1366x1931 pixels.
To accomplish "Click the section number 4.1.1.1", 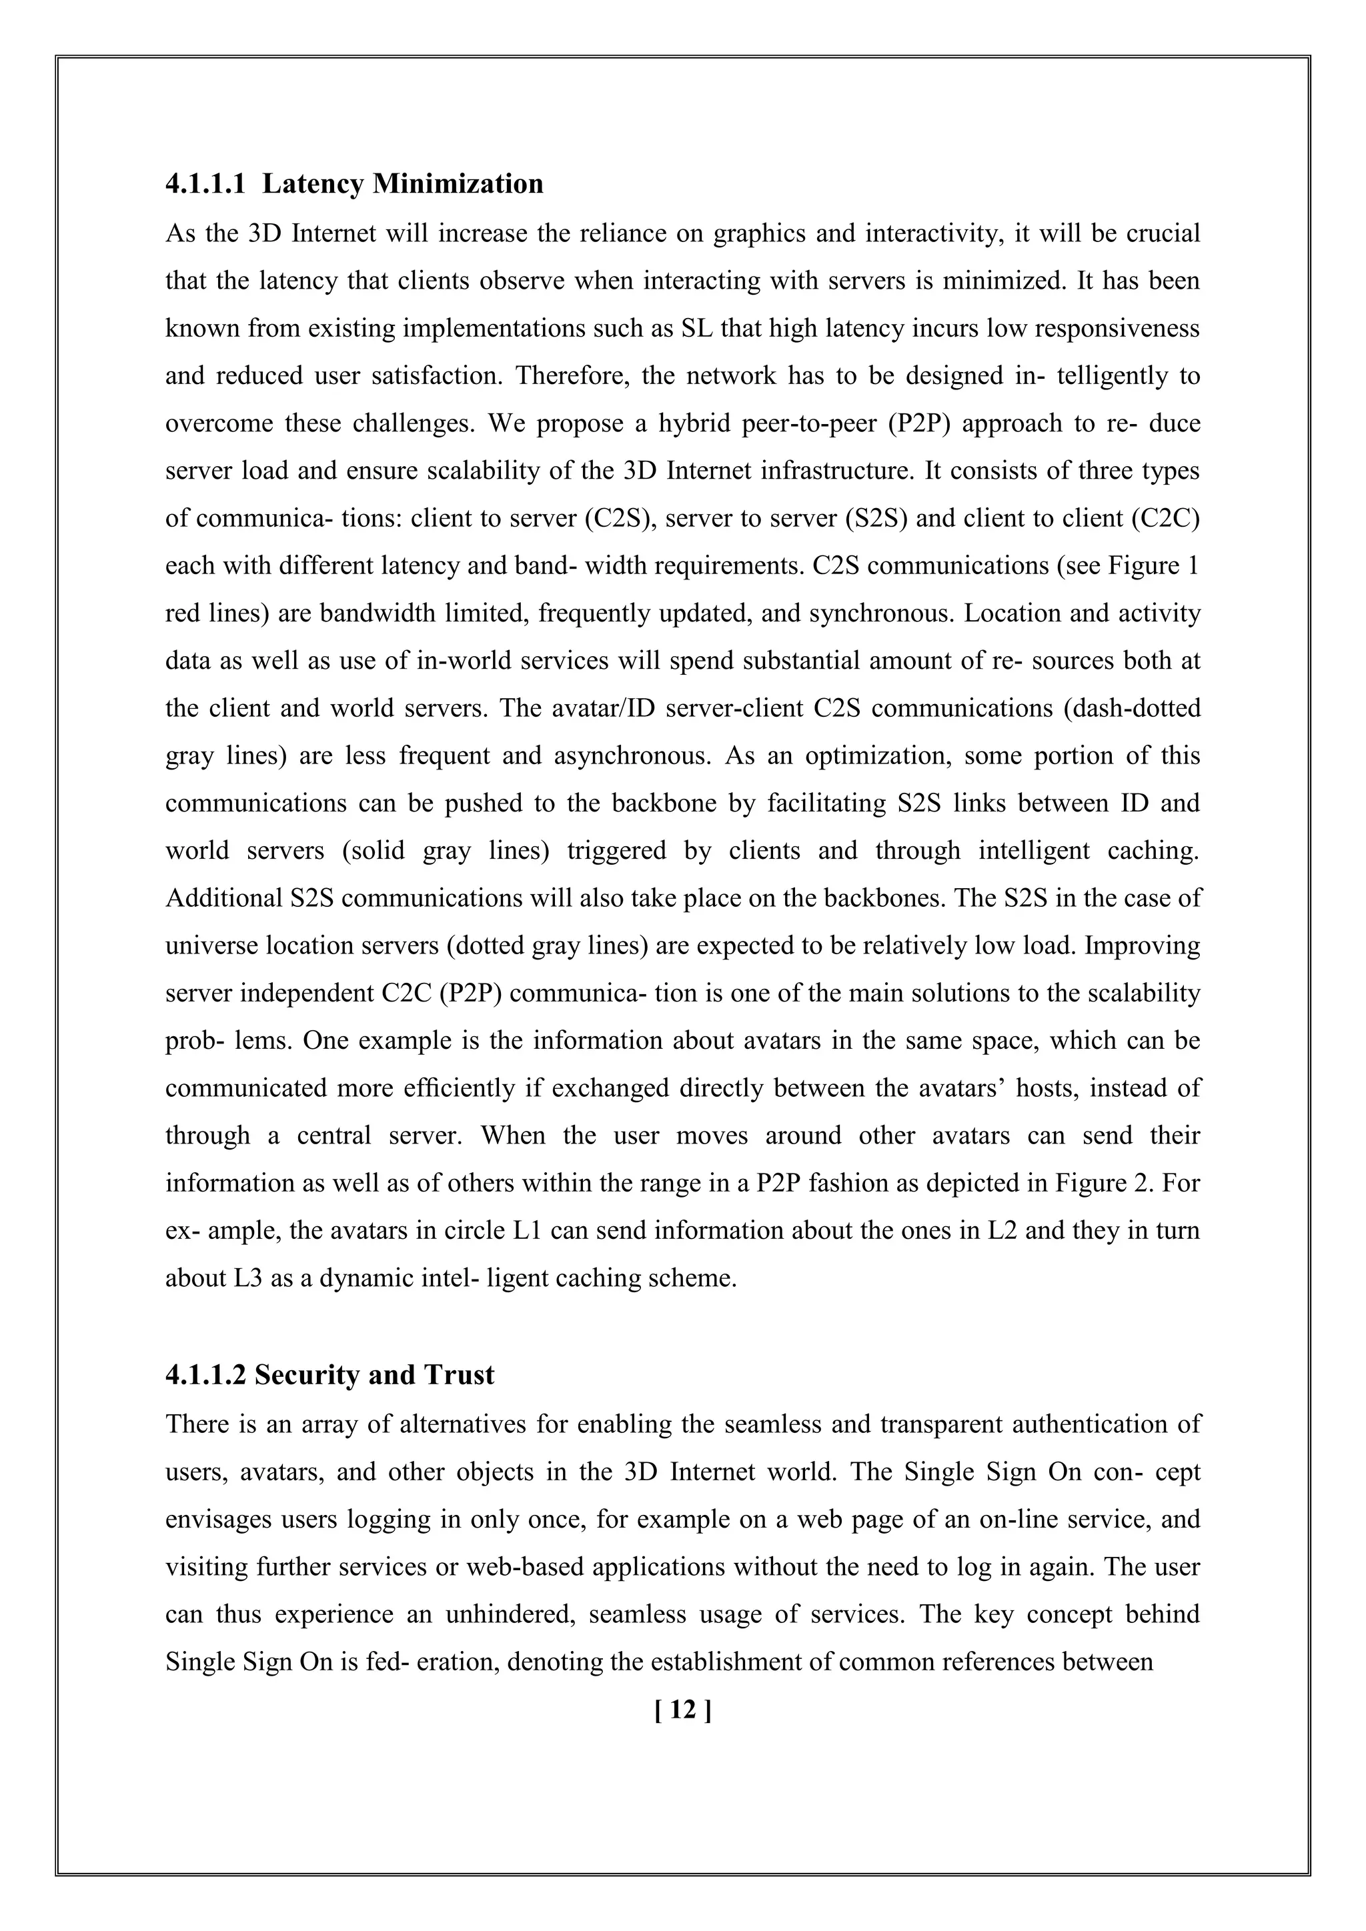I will pyautogui.click(x=205, y=184).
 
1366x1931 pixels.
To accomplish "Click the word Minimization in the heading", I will pyautogui.click(x=458, y=184).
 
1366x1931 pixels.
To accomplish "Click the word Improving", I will pyautogui.click(x=1143, y=946).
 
